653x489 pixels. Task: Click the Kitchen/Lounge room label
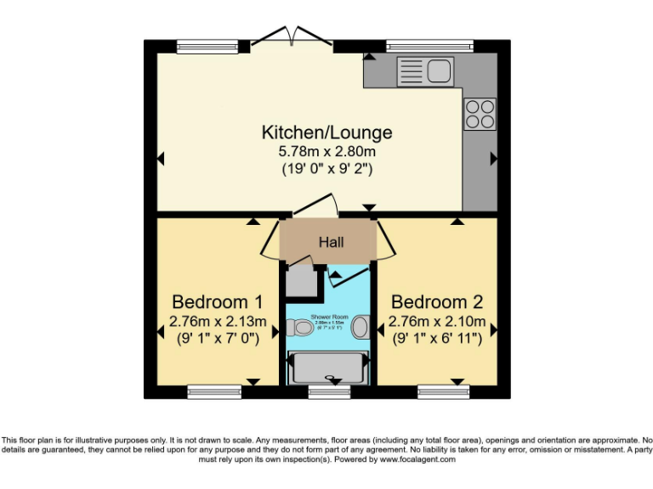(326, 132)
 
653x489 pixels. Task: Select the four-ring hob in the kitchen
(479, 114)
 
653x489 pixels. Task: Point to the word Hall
(331, 243)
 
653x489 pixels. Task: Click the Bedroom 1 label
(217, 302)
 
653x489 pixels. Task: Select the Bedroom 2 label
(436, 302)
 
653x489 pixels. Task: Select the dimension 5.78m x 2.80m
(326, 151)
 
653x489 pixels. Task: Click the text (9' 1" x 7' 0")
(217, 338)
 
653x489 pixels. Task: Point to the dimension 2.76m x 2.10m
(436, 321)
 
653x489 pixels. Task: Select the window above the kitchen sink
(429, 46)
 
